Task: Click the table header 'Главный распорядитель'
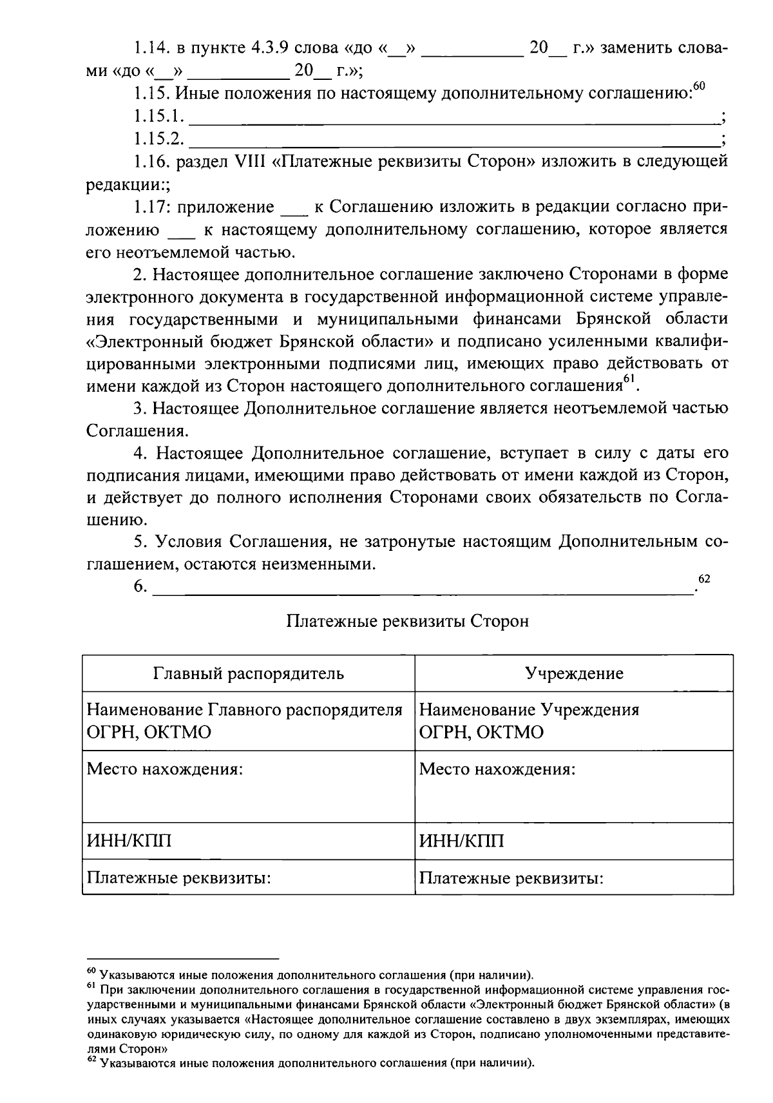[248, 674]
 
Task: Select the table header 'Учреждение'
[574, 674]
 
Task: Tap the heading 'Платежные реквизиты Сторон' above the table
[407, 621]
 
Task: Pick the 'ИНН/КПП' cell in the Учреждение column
[461, 841]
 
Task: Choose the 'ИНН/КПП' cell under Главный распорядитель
[129, 841]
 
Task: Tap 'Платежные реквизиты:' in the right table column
[511, 878]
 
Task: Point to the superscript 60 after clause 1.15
[700, 87]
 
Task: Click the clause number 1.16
[151, 161]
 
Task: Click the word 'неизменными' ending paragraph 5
[318, 565]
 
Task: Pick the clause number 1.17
[151, 207]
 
